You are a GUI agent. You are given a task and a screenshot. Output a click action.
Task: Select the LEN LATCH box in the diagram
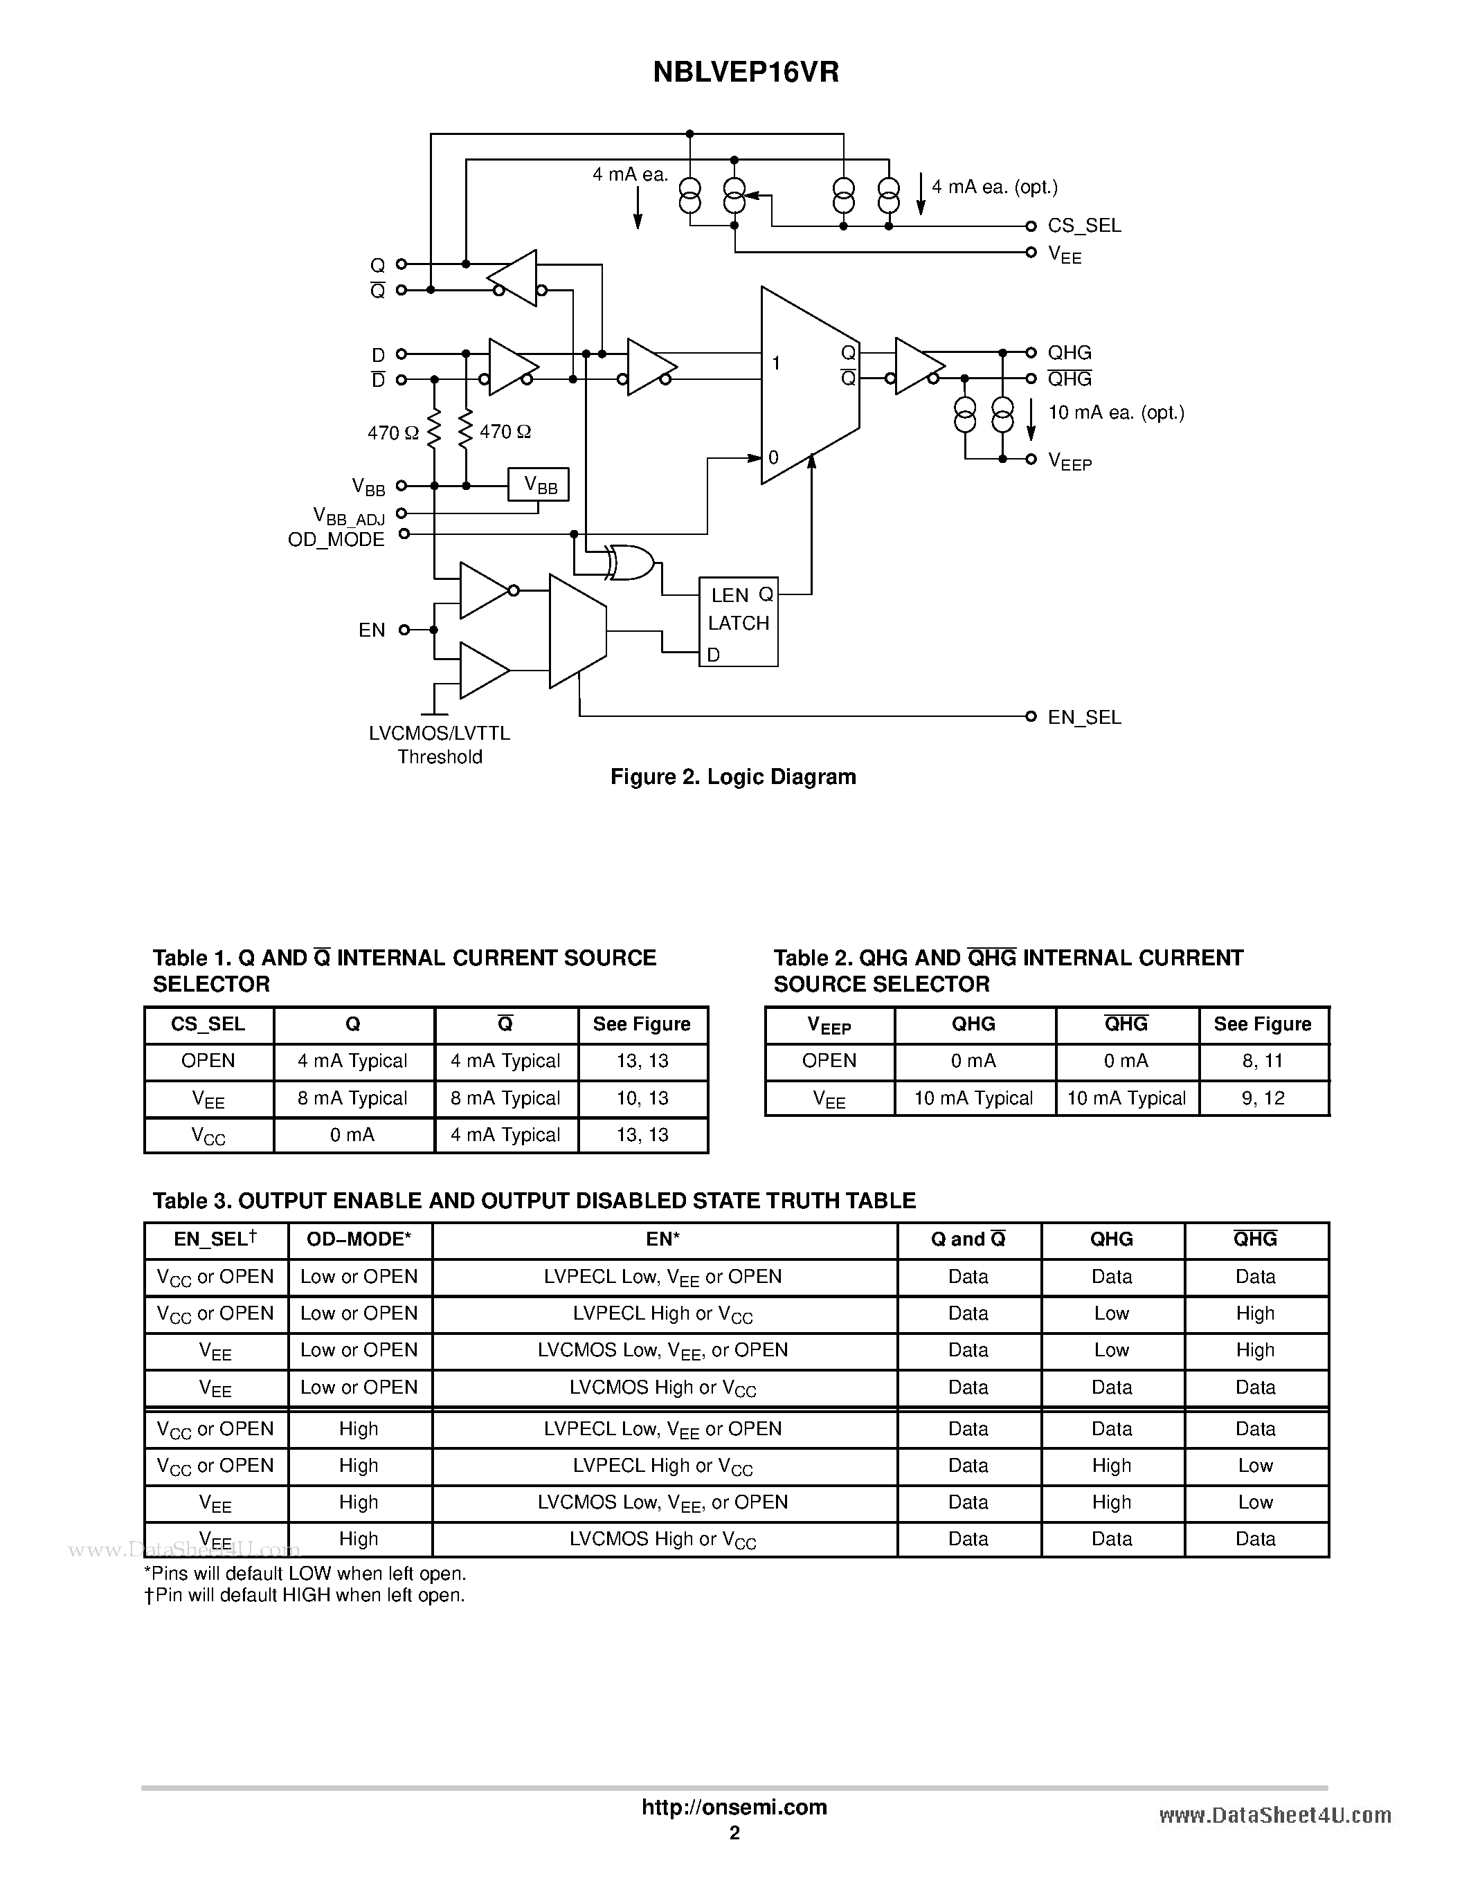(x=738, y=622)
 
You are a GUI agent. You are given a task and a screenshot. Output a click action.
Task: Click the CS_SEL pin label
(x=1083, y=226)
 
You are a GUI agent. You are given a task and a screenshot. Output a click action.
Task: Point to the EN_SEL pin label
(x=1083, y=717)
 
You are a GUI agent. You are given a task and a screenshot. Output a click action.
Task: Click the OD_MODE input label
(x=336, y=539)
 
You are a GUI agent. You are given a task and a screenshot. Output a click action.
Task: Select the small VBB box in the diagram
(x=539, y=485)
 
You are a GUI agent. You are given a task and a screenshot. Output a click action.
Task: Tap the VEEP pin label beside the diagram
(x=1070, y=461)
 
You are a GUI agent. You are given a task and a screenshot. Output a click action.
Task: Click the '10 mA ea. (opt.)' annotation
(x=1115, y=412)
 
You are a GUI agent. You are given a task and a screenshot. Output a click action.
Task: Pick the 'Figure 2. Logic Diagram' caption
(x=733, y=776)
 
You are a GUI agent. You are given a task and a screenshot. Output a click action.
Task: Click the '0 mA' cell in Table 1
(x=353, y=1134)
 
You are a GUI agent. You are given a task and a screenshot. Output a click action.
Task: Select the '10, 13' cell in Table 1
(x=642, y=1098)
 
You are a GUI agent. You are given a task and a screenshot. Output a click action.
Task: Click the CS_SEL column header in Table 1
(x=208, y=1024)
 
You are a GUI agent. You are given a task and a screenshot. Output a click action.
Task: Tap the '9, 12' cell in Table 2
(x=1263, y=1098)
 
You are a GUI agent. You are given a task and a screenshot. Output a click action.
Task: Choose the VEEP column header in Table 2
(x=829, y=1025)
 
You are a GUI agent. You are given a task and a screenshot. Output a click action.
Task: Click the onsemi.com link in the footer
(x=734, y=1807)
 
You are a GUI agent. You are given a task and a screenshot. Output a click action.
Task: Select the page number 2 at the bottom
(x=734, y=1832)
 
